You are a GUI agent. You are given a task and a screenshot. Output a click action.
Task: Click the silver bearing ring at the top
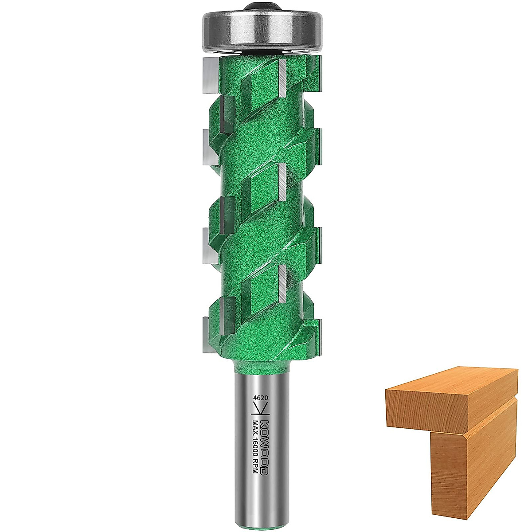(262, 32)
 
